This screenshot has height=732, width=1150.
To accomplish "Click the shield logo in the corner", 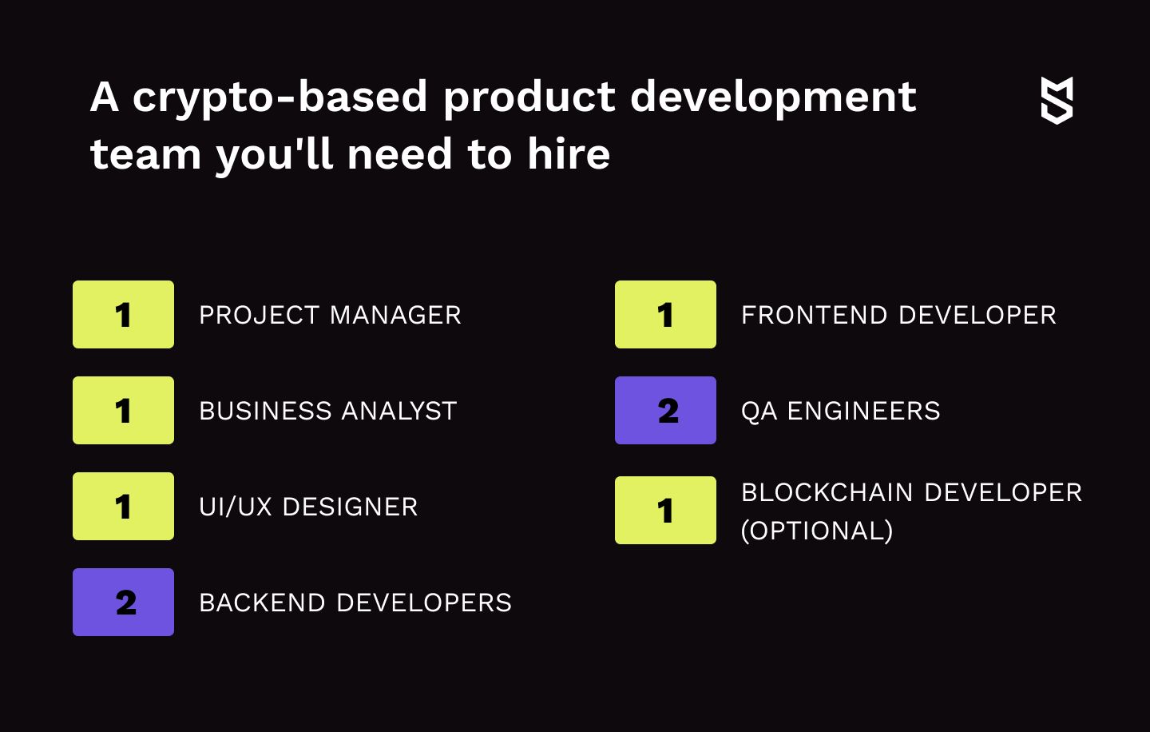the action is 1057,101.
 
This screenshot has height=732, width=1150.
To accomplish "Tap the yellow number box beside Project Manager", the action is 123,314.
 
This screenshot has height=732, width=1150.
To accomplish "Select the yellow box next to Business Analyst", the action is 123,411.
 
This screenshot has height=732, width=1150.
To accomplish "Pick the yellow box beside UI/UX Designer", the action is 123,506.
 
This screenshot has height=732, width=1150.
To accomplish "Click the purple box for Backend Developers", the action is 123,602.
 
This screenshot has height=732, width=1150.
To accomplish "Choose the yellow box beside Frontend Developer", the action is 665,314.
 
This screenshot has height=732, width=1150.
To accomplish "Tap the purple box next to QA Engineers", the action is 665,411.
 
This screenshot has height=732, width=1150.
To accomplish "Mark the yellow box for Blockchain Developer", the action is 665,510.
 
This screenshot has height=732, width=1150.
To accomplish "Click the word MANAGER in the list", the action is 395,315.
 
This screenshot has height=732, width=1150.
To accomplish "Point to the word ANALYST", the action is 399,411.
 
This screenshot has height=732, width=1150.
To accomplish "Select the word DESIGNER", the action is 350,507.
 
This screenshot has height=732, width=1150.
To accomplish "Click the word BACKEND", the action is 262,603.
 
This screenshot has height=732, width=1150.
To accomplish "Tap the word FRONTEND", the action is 815,315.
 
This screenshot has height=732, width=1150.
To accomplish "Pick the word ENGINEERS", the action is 863,411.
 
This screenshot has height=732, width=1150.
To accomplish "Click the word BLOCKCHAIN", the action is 827,492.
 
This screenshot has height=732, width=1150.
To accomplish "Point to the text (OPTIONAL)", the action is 817,531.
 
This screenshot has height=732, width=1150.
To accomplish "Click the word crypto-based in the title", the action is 280,97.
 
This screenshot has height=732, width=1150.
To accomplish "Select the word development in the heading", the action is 773,97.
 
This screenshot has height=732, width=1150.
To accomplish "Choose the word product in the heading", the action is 529,97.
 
